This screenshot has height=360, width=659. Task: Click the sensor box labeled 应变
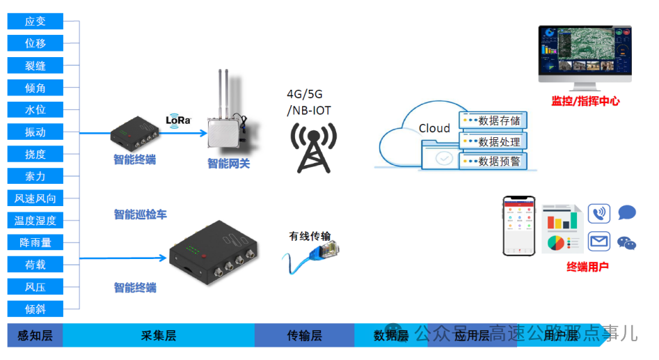(35, 22)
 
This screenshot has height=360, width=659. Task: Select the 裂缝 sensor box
(35, 65)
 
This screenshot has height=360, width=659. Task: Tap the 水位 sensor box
(35, 110)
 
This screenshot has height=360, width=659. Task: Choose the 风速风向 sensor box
(35, 198)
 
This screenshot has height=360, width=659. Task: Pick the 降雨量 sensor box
(35, 242)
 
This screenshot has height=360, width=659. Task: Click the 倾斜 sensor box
(35, 308)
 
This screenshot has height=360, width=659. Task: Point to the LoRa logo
(178, 119)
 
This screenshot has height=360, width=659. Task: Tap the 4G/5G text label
(305, 94)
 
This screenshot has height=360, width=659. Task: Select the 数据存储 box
(492, 120)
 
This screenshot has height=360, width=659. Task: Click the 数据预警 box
(492, 162)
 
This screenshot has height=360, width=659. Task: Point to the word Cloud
(434, 128)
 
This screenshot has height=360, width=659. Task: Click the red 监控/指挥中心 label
(585, 101)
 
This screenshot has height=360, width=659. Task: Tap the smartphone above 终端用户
(519, 225)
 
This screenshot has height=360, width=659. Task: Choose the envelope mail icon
(599, 242)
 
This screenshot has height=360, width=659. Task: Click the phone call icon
(599, 213)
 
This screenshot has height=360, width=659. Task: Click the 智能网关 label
(228, 164)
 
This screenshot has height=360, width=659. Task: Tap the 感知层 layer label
(35, 336)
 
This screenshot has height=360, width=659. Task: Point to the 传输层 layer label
(304, 336)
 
